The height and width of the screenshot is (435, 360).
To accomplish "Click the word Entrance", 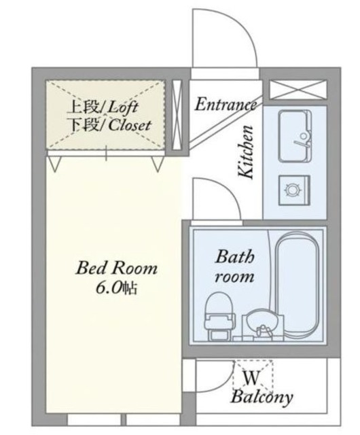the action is (226, 105).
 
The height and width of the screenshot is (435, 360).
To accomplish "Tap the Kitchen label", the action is (246, 152).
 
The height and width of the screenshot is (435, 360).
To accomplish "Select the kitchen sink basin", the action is (295, 136).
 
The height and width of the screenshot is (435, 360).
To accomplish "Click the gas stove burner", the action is (292, 190).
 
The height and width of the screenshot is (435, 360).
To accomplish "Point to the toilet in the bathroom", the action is (218, 316).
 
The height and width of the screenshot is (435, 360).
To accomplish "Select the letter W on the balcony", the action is (252, 377).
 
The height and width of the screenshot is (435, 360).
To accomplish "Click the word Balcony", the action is (262, 397).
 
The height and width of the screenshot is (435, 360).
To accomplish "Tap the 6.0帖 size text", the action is (116, 288).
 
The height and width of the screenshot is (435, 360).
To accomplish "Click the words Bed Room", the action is (116, 268).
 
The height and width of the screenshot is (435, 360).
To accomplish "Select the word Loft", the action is (122, 107).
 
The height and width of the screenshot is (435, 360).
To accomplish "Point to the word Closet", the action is (130, 125).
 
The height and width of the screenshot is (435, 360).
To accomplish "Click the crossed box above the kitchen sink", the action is (298, 89).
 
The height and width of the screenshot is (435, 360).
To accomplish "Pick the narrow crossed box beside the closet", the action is (177, 114).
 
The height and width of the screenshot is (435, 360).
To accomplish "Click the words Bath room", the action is (234, 266).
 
